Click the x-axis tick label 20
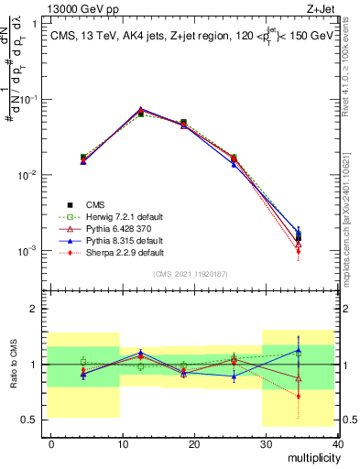click(194, 442)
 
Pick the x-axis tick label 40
click(337, 442)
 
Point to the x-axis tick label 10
click(123, 442)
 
